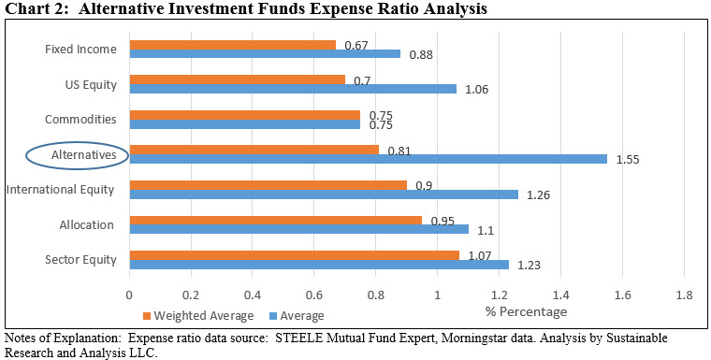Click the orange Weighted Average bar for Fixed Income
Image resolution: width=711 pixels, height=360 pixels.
click(232, 45)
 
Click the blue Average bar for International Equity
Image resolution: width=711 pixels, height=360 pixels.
click(323, 194)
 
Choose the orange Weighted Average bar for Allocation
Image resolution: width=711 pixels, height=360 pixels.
click(275, 220)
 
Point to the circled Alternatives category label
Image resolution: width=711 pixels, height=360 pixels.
click(77, 154)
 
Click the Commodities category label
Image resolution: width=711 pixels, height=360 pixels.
click(80, 120)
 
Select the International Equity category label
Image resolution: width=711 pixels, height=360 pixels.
click(60, 190)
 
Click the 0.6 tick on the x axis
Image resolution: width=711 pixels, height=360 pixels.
click(313, 294)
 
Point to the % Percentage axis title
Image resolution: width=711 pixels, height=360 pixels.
click(526, 311)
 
